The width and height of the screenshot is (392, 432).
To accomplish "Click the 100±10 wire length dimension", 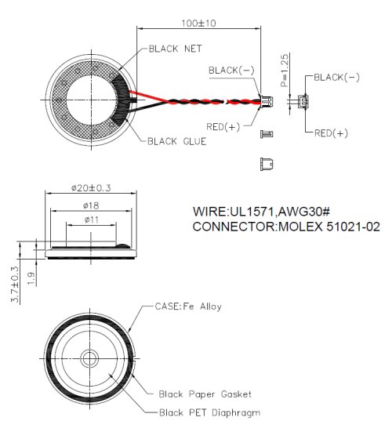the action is [x=198, y=23].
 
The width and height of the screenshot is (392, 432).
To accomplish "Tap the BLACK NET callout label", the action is [x=175, y=49].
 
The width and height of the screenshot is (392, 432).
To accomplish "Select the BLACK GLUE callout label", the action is [x=177, y=141].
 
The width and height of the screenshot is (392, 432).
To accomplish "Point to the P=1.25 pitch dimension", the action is [x=285, y=71].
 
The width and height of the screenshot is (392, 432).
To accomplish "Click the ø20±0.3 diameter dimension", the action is [x=91, y=188].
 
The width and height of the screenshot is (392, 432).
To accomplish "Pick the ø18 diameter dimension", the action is [x=91, y=205].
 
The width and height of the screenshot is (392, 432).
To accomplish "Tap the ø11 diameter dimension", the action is [x=91, y=220].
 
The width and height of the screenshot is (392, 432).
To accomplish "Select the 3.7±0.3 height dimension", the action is [x=15, y=285].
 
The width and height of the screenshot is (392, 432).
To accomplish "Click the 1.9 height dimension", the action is [x=31, y=279].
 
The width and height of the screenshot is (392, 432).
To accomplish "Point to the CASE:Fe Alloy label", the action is [x=188, y=307].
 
